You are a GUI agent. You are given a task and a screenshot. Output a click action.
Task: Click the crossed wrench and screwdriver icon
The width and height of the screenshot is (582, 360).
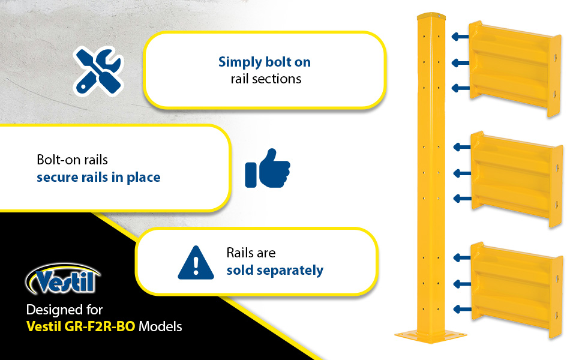[x=98, y=71]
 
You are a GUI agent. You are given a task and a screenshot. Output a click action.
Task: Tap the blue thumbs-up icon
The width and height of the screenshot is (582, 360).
[x=267, y=168]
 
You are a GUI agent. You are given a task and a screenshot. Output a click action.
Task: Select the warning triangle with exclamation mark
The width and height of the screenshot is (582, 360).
[x=196, y=263]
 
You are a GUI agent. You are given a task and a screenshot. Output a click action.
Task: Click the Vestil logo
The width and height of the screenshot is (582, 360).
[x=62, y=279]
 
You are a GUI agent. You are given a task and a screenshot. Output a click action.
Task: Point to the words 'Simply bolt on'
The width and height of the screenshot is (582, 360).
[x=264, y=62]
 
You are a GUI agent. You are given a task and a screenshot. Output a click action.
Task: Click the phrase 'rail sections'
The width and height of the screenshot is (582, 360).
[x=266, y=79]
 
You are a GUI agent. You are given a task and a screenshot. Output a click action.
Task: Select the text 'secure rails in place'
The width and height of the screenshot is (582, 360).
[x=98, y=178]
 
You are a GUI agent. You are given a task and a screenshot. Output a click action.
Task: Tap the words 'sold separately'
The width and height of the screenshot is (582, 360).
[x=275, y=270]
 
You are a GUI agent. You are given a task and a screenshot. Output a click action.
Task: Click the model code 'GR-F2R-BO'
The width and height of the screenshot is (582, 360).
[x=100, y=326]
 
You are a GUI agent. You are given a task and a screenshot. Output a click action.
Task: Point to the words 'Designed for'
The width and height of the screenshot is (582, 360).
[x=64, y=310]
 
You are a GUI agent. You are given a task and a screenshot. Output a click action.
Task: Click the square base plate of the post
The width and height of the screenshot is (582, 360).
[x=431, y=336]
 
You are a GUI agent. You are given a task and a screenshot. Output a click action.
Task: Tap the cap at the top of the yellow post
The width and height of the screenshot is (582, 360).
[x=431, y=16]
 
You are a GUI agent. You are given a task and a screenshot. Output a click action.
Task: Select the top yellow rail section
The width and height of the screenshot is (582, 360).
[x=515, y=68]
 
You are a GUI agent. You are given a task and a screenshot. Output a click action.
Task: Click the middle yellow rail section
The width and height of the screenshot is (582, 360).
[x=517, y=179]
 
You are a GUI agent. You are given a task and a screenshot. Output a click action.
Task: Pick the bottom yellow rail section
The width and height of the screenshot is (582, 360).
[x=517, y=290]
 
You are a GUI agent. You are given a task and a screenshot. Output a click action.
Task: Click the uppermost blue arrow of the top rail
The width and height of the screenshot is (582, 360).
[x=460, y=37]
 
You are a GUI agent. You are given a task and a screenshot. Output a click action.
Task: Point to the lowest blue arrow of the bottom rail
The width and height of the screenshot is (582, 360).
[x=463, y=309]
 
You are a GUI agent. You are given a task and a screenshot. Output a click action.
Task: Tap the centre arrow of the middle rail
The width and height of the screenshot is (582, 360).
[x=462, y=173]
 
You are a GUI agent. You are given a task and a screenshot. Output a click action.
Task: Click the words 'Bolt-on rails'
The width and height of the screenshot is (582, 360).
[x=73, y=160]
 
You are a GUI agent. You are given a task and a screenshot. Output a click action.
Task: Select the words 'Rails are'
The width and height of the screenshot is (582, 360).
[x=251, y=253]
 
